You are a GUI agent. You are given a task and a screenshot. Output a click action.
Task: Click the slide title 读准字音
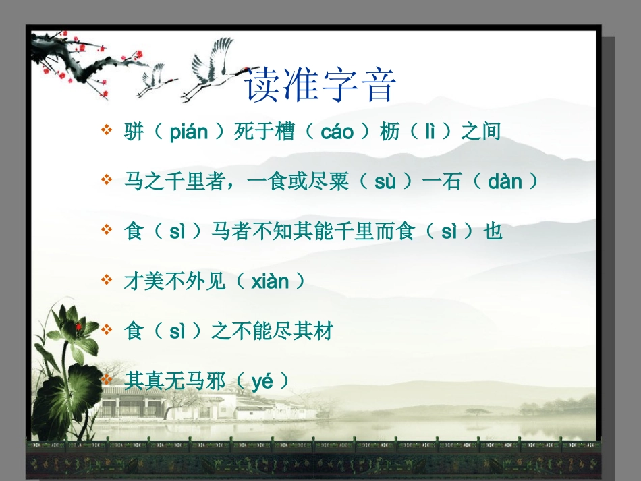320,85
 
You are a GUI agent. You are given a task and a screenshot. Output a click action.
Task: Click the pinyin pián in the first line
188,132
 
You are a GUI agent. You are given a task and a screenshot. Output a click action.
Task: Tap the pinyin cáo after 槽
337,132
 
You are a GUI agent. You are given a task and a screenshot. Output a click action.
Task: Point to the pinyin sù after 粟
385,181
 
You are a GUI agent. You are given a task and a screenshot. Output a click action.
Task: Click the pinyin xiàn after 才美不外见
270,281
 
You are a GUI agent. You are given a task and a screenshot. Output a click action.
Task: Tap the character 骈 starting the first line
134,132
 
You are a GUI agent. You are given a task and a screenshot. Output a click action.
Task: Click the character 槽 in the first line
284,132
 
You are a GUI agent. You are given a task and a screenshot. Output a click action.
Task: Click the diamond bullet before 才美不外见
106,280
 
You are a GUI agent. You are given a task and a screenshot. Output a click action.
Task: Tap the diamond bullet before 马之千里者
106,180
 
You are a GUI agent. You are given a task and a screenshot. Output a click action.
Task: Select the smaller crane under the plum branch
155,79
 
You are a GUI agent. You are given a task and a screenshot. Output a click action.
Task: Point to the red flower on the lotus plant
78,327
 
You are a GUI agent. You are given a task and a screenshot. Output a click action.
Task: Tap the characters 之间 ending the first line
480,132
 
